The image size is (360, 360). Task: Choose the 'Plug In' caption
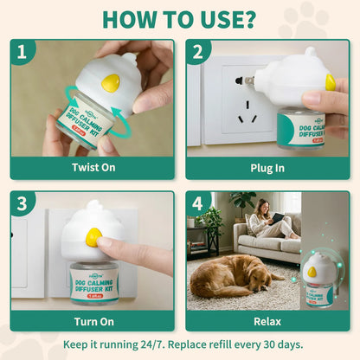(x=268, y=168)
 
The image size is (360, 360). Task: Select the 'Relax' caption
(x=268, y=320)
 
